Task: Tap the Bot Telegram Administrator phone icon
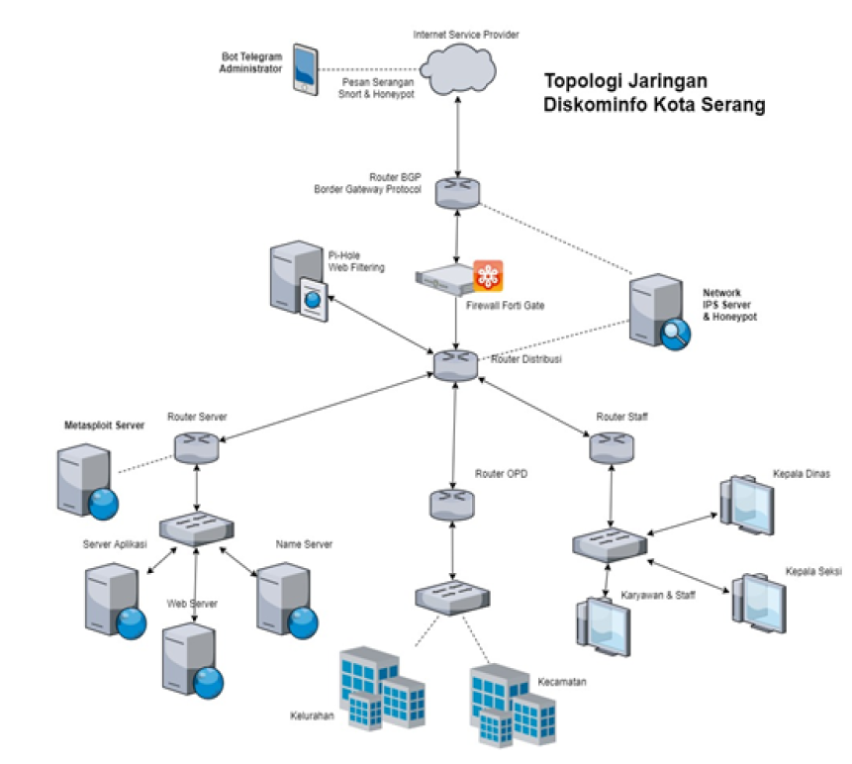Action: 307,69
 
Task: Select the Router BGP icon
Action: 457,190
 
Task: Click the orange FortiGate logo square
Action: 488,275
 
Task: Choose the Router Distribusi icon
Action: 454,363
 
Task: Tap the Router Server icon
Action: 196,448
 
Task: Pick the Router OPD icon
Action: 452,505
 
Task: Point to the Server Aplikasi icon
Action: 114,600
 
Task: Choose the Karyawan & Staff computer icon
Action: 603,624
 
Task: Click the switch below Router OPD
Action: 452,597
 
